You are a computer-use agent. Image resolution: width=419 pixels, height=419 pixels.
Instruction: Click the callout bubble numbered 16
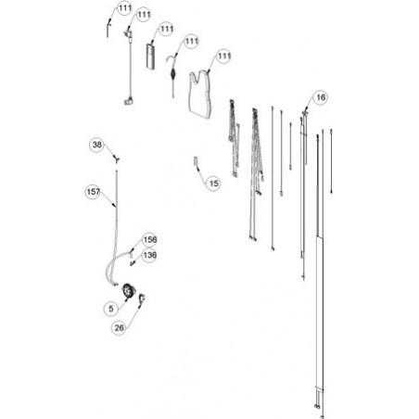[321, 97]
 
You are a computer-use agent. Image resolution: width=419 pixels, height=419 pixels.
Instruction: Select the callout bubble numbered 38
[97, 145]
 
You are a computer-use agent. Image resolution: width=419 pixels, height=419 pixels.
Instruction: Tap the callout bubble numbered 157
[93, 192]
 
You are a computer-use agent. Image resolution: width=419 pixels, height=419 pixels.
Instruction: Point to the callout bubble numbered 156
[150, 240]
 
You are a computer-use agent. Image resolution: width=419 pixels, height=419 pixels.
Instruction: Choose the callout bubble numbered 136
[150, 256]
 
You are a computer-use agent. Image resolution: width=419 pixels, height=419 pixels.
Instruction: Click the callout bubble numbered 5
[111, 309]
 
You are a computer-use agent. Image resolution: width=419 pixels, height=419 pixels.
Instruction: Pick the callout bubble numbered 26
[119, 328]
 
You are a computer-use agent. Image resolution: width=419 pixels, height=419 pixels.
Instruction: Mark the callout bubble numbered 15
[213, 184]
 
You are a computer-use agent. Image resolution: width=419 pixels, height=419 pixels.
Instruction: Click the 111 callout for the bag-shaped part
[224, 57]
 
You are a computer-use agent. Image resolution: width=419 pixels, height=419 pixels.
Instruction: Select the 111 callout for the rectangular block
[167, 29]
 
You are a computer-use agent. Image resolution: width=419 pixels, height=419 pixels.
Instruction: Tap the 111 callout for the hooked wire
[192, 41]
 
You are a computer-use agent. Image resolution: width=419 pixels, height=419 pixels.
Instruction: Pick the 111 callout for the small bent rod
[125, 8]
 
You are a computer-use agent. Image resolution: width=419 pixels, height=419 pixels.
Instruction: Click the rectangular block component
[151, 56]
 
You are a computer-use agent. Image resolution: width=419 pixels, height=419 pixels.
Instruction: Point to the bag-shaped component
[200, 95]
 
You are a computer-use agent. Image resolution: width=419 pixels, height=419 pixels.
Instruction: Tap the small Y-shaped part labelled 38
[117, 159]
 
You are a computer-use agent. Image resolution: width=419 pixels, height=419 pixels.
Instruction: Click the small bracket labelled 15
[196, 162]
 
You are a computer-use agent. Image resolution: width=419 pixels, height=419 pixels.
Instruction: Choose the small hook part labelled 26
[142, 298]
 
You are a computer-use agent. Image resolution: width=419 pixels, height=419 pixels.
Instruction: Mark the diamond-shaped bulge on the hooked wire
[172, 74]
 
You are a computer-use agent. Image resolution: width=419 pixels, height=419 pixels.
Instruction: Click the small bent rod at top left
[108, 30]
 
